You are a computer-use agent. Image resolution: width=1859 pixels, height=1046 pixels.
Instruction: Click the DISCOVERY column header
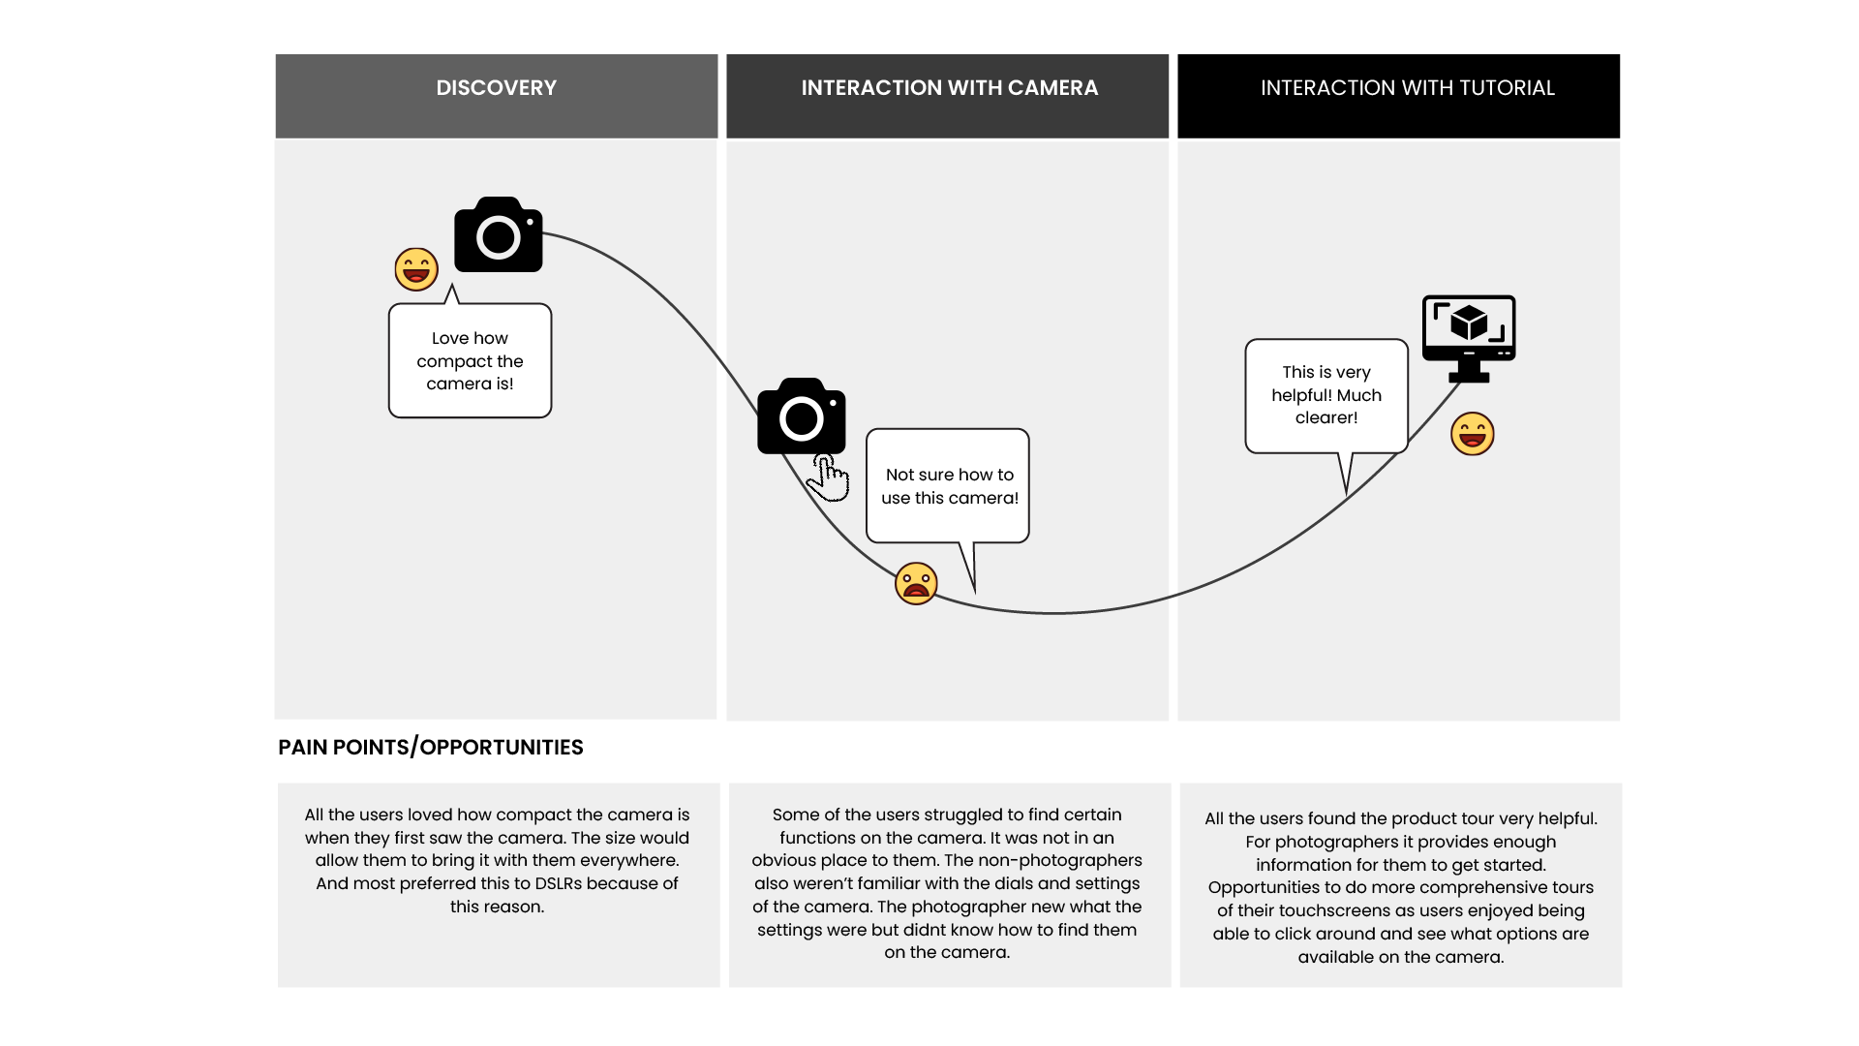[496, 88]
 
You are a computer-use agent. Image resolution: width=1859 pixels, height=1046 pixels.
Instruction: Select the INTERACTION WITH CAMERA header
[949, 88]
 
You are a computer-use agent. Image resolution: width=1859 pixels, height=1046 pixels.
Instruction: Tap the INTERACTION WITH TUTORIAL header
[1407, 88]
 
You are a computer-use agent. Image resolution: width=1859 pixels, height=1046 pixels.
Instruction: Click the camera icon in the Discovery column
[499, 234]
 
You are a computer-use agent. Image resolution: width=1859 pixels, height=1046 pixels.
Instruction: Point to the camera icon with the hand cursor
[801, 416]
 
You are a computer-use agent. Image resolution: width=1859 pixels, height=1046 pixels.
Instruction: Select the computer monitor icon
[1469, 337]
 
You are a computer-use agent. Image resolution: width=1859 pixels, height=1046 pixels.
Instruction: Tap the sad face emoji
[916, 583]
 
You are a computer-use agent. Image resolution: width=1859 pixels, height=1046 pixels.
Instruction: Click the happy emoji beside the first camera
[416, 269]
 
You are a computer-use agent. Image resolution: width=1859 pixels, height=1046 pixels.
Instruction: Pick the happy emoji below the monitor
[1472, 433]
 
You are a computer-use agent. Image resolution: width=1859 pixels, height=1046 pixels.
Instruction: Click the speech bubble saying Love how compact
[470, 361]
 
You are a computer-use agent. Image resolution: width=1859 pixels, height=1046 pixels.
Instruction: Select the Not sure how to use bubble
[949, 486]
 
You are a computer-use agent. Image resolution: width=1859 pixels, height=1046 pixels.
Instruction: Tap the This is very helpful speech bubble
[1326, 395]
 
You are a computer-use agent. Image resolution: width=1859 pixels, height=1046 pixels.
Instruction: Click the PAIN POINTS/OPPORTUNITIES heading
[431, 747]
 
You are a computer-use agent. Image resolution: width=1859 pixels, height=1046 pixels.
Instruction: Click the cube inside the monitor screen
[1469, 323]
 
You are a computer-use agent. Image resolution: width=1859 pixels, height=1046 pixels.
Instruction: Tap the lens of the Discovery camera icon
[499, 237]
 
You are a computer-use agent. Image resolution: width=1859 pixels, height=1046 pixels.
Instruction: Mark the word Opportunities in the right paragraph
[1264, 887]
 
